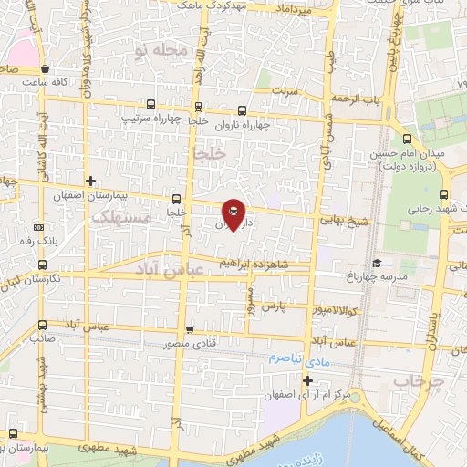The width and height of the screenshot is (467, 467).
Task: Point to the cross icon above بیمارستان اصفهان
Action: [x=89, y=181]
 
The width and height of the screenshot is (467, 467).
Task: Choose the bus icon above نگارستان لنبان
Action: [x=43, y=265]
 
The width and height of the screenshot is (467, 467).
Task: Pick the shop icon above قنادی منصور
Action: [x=189, y=329]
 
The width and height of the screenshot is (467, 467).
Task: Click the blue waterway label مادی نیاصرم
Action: [x=297, y=358]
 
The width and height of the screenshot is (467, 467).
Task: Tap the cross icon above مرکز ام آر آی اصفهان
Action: [x=307, y=380]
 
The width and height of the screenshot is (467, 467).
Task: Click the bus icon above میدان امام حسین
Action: [x=407, y=140]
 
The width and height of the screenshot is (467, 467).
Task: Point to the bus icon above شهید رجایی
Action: [x=443, y=193]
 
